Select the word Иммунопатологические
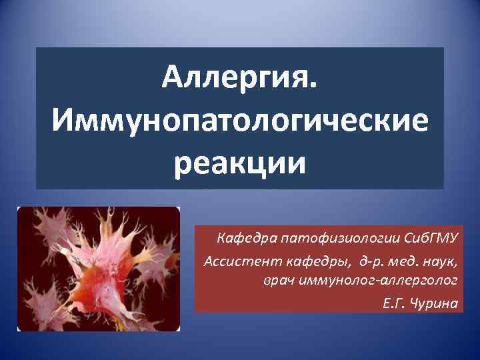pos(240,123)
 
